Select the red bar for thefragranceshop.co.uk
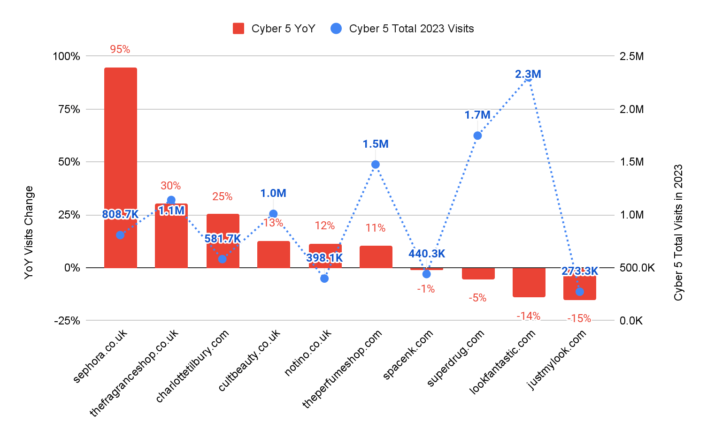click(x=171, y=239)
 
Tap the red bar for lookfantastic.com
click(x=529, y=282)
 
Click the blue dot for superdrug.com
click(x=477, y=136)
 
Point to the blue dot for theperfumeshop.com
click(x=376, y=165)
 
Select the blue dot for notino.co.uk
click(x=324, y=279)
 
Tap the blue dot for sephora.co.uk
click(x=120, y=235)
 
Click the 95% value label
click(x=120, y=49)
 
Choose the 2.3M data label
click(x=528, y=74)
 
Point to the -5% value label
click(x=477, y=298)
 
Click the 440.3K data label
click(x=426, y=254)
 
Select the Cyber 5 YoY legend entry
click(x=274, y=29)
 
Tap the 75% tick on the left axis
click(x=66, y=109)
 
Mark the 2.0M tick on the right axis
click(x=631, y=109)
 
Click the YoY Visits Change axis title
click(x=29, y=233)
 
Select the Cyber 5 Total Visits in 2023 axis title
click(x=678, y=233)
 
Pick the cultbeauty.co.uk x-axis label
click(x=250, y=360)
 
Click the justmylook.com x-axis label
click(x=557, y=359)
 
